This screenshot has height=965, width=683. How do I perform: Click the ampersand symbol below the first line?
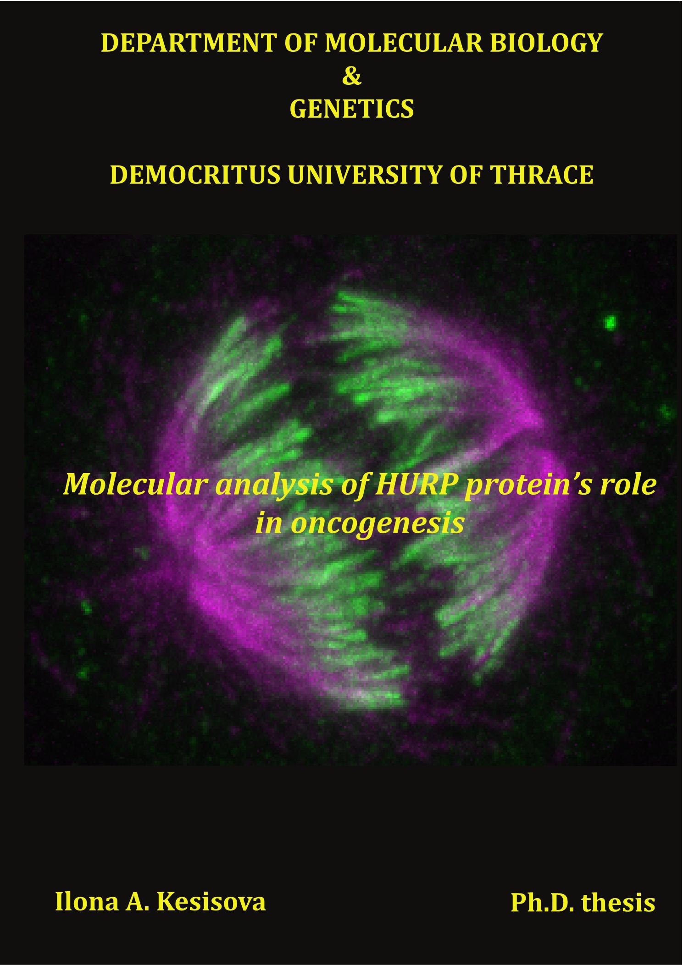click(352, 77)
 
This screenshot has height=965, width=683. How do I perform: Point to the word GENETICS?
click(352, 110)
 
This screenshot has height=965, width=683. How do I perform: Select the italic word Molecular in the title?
click(136, 485)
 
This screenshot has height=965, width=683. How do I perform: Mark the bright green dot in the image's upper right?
click(611, 322)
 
